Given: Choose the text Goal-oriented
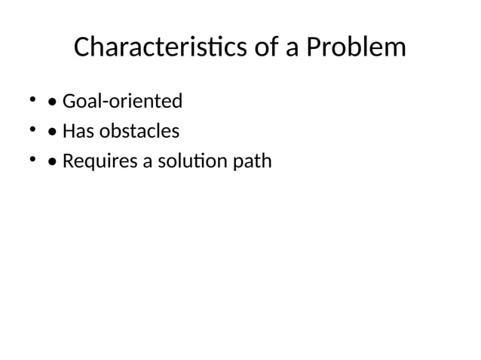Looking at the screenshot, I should tap(122, 100).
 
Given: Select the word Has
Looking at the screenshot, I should tap(76, 132).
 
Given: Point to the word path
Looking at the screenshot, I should tap(253, 163).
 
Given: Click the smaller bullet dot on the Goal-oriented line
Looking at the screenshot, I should tap(32, 99).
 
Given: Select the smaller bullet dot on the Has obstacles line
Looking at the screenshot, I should tap(32, 130).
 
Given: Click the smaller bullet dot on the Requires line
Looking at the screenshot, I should tap(32, 160).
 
